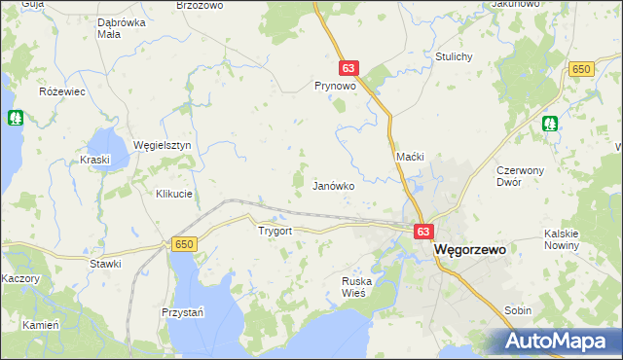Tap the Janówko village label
(332, 184)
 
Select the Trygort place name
(275, 232)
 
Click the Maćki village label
(409, 157)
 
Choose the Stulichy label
(455, 56)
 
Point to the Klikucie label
(174, 194)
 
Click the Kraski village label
(95, 159)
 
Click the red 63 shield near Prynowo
(349, 68)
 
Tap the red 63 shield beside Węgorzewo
(422, 232)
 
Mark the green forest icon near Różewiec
(16, 118)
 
